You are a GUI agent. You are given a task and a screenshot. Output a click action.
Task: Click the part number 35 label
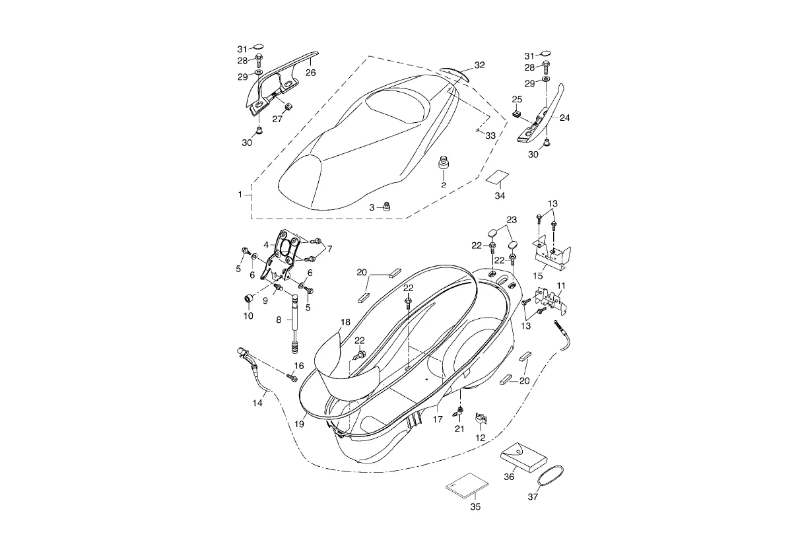click(475, 507)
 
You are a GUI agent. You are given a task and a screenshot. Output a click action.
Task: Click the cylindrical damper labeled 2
click(444, 162)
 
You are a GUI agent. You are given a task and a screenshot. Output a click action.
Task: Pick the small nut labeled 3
click(388, 207)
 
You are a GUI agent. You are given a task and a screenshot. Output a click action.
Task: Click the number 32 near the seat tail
click(479, 65)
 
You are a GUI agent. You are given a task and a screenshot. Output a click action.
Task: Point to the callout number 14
click(257, 403)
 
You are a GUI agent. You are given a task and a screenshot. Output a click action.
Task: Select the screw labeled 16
click(291, 377)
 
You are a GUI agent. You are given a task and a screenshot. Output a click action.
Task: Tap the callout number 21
click(459, 429)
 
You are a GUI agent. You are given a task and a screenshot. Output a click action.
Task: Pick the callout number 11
click(561, 286)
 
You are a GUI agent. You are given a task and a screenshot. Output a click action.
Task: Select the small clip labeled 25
click(517, 114)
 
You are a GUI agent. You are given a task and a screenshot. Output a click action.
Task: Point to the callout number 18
click(345, 322)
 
